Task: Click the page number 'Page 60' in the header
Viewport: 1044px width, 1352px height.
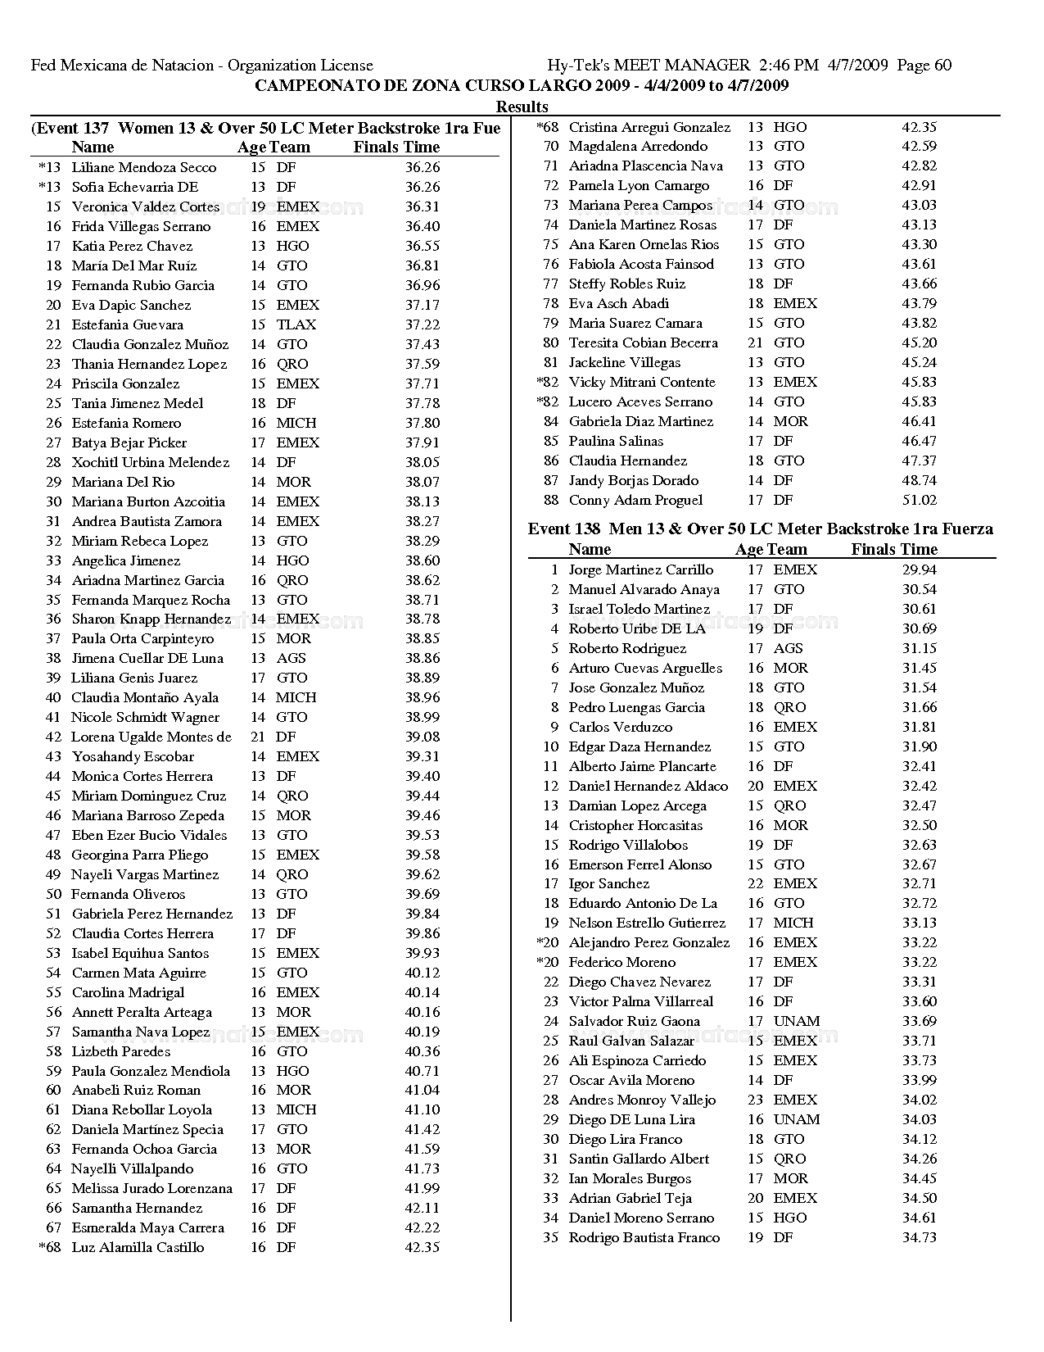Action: (x=924, y=66)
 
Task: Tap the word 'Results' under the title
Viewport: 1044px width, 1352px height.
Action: (x=522, y=107)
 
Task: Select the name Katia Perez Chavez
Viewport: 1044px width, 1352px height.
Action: (x=132, y=246)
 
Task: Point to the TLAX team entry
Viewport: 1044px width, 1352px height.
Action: (x=296, y=324)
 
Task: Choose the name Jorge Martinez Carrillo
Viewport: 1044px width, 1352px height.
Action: (x=641, y=569)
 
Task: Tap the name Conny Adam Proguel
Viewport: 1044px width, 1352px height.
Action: (x=635, y=500)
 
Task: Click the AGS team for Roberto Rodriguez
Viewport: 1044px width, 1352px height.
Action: (x=788, y=648)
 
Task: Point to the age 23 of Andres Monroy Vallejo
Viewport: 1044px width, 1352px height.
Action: (x=755, y=1100)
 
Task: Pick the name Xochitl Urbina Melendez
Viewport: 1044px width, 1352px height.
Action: (x=150, y=462)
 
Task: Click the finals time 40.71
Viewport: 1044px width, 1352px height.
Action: (x=423, y=1071)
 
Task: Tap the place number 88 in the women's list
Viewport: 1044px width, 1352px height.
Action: (x=551, y=500)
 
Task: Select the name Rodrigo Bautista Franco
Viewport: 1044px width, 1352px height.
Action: (x=644, y=1237)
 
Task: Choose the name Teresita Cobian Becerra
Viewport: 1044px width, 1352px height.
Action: (x=643, y=343)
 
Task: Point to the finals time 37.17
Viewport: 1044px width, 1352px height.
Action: (x=423, y=305)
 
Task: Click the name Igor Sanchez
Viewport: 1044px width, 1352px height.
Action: (x=608, y=883)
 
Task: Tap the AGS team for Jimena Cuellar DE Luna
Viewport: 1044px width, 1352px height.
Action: (x=291, y=658)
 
